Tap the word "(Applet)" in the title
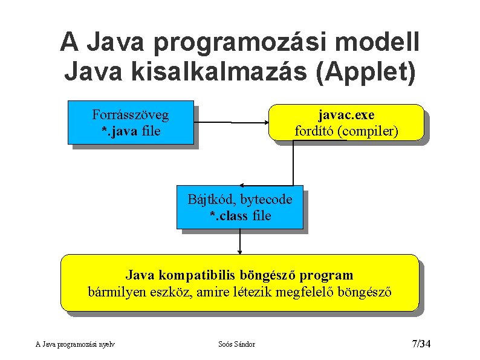pos(365,72)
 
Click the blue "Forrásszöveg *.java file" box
pos(130,122)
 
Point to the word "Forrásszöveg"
pos(130,114)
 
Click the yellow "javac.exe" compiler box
pos(346,122)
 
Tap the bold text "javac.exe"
pos(346,114)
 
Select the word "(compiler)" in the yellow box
pos(368,131)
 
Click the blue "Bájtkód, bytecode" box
pos(239,207)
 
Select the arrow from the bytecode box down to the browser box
pos(240,241)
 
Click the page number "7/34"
pos(421,344)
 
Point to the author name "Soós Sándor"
pos(236,344)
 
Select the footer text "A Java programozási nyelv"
pos(76,344)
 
